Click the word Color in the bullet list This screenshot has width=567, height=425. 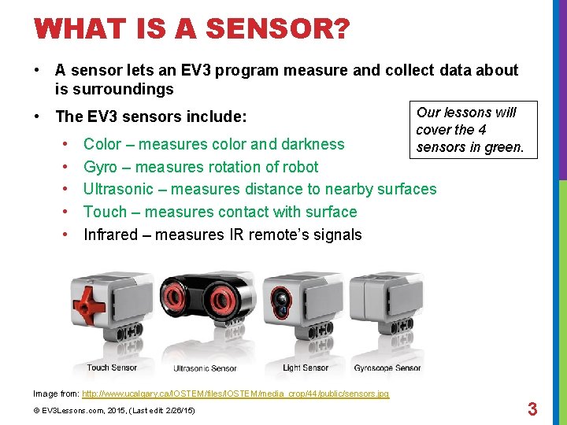click(x=102, y=144)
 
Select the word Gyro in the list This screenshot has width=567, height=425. click(x=102, y=167)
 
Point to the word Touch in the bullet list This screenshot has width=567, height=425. click(x=105, y=212)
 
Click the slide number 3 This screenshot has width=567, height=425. click(x=532, y=408)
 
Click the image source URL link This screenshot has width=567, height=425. click(x=235, y=394)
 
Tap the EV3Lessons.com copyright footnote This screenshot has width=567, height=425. click(x=114, y=411)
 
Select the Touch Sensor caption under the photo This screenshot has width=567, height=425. click(x=112, y=368)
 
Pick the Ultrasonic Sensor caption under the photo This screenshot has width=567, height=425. click(x=205, y=368)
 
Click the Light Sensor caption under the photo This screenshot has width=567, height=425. click(x=306, y=368)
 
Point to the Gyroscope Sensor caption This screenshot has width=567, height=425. click(x=387, y=368)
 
